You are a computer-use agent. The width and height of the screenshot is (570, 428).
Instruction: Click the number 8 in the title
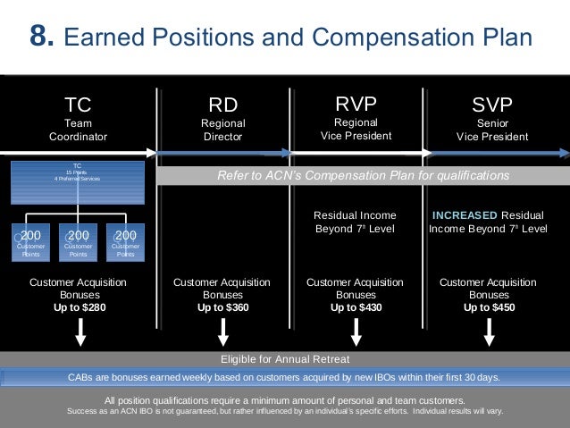pos(41,38)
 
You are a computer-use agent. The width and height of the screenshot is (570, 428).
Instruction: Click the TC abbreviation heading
pos(78,106)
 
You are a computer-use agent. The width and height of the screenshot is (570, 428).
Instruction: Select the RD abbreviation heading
pos(222,106)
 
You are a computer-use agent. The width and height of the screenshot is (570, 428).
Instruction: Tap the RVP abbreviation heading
pos(355,105)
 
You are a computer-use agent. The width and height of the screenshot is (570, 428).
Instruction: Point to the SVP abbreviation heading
pos(491,106)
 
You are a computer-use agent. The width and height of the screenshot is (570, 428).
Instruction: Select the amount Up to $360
pos(222,307)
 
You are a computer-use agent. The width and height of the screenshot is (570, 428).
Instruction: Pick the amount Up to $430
pos(355,307)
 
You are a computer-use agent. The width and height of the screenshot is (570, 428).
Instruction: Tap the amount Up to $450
pos(489,307)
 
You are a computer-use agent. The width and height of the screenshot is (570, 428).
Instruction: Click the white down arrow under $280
pos(81,331)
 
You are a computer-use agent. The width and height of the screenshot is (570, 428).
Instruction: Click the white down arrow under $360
pos(222,331)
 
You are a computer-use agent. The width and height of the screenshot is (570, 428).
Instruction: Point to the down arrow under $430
pos(356,331)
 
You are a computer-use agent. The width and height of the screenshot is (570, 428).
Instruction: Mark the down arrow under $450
pos(489,331)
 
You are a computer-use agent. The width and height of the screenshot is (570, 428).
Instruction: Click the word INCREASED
pos(465,215)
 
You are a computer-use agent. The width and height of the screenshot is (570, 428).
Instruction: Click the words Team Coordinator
pos(78,130)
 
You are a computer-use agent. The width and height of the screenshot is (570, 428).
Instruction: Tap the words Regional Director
pos(222,130)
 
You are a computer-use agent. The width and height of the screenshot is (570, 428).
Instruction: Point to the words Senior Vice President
pos(491,130)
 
